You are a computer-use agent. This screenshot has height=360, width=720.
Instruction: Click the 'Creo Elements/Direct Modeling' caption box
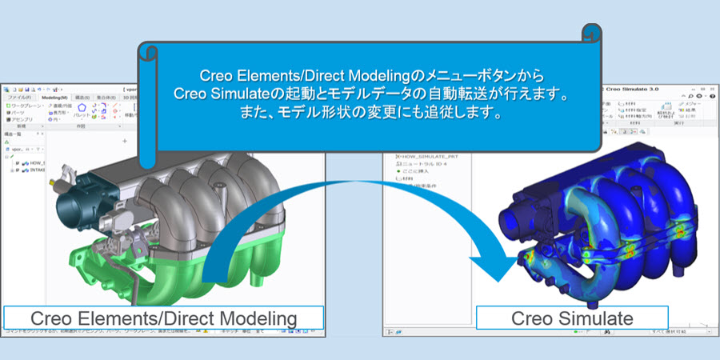163,318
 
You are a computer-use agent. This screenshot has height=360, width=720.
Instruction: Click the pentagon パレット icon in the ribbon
81,109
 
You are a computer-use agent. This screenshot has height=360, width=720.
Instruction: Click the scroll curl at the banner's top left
147,52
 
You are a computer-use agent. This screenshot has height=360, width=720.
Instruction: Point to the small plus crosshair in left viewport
124,141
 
